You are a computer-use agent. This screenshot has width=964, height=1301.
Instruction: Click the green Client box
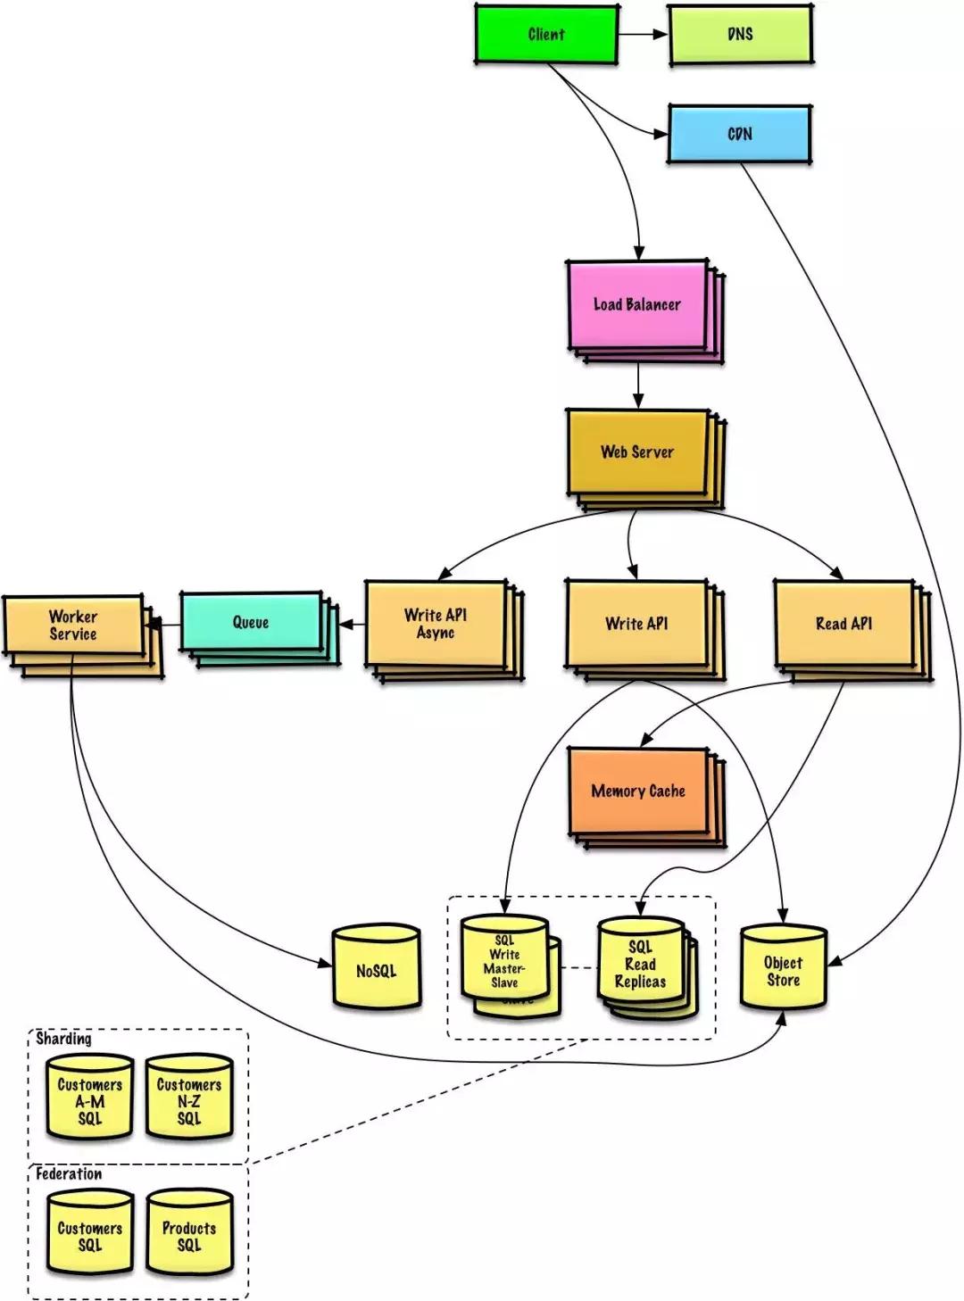545,35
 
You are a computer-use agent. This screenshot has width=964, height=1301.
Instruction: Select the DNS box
740,35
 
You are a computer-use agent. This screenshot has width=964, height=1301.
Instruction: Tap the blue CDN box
739,134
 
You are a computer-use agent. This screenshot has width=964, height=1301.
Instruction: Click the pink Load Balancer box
636,304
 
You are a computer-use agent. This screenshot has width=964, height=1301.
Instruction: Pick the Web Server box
636,452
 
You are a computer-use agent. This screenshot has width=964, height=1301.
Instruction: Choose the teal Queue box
251,622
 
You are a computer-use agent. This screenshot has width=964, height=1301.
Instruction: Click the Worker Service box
73,625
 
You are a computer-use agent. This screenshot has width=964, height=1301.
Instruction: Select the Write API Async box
436,624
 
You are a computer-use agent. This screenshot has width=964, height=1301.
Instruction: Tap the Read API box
843,624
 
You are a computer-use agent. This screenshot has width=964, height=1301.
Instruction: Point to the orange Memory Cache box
638,791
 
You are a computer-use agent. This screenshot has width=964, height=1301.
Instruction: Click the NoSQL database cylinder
376,970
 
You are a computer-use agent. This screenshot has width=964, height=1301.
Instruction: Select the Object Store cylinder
783,970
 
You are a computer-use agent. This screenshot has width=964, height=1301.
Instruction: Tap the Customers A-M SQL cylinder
89,1100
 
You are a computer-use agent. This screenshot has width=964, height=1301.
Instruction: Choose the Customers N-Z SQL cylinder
189,1100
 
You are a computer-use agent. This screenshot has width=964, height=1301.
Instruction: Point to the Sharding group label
63,1039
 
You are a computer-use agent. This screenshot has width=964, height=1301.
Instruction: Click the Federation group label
69,1174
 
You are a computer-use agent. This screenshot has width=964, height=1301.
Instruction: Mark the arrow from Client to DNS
643,35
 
